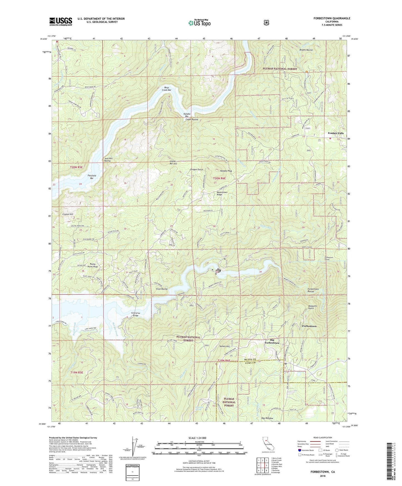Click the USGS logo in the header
tap(61, 21)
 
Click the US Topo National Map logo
tap(199, 23)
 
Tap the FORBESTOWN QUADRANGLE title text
tap(330, 18)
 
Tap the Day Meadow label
tap(267, 418)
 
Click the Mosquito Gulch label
tap(311, 307)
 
